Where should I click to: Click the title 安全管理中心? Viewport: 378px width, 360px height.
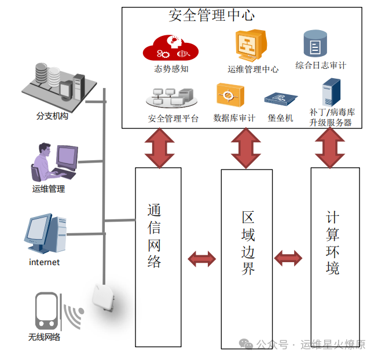211,15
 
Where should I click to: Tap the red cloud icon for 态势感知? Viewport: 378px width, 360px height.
171,48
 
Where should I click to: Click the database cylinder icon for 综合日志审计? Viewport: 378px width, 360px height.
315,44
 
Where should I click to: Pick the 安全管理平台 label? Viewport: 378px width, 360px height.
173,119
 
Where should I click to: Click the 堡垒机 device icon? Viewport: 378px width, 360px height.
281,99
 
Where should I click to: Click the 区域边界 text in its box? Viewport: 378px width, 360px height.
248,243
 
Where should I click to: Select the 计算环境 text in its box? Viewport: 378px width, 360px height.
333,243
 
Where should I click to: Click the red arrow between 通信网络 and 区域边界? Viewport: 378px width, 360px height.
201,259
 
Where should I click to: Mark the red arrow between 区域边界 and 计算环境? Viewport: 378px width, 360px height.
288,258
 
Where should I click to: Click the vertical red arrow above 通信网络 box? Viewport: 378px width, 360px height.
159,148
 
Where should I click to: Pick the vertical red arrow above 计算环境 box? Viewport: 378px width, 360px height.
331,148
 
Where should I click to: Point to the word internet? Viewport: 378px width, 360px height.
44,262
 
